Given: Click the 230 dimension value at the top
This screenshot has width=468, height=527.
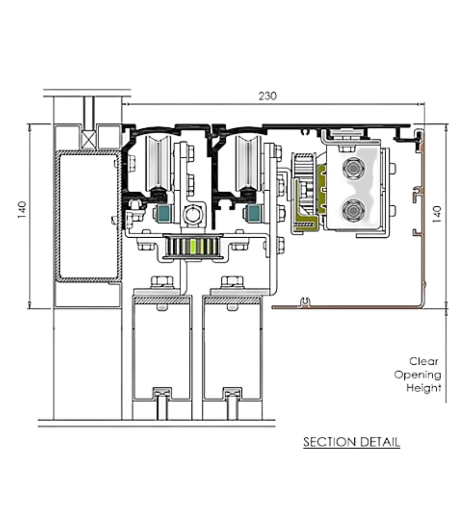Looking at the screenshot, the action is (267, 96).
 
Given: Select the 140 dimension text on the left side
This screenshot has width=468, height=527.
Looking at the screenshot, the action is (22, 210).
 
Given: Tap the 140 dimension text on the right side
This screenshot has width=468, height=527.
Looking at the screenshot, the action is (437, 214).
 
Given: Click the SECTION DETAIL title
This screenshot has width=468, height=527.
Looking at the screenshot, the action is (351, 442).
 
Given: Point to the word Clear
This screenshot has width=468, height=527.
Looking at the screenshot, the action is (424, 361).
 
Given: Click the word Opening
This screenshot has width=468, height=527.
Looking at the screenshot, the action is (418, 375).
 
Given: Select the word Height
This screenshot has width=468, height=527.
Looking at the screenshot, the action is (424, 388).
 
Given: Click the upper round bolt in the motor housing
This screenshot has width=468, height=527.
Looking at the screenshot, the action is (353, 168).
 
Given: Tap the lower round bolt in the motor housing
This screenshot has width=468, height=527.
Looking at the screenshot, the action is (353, 210).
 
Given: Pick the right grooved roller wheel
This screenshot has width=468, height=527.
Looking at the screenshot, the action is (248, 164).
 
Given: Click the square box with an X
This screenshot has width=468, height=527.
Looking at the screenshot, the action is (89, 140).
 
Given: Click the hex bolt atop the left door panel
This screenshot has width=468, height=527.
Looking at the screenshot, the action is (162, 282).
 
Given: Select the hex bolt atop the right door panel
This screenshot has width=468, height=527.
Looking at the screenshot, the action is (232, 282).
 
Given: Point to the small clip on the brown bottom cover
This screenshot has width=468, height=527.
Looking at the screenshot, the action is (305, 303).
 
